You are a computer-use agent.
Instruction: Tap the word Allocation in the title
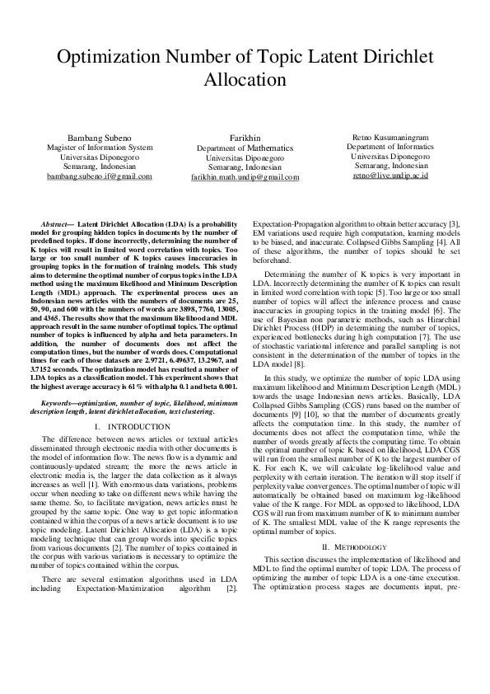245,81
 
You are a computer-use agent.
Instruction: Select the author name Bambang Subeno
99,138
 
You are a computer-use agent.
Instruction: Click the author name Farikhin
245,138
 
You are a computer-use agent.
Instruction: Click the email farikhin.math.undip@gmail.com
245,176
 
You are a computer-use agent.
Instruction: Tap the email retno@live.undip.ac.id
390,176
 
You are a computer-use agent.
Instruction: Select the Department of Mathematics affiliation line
245,148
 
